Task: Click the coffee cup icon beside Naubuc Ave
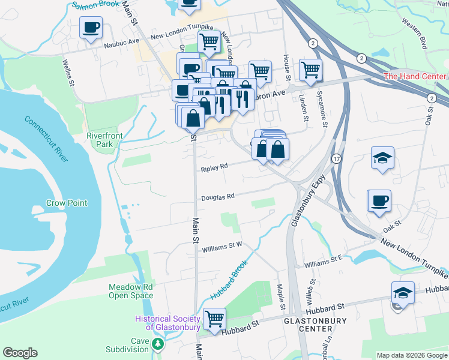click(x=91, y=28)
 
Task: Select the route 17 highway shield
click(x=336, y=157)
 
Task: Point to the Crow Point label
click(x=67, y=203)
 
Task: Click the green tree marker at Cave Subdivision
click(x=157, y=344)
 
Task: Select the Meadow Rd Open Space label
click(x=130, y=291)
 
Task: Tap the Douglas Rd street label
click(x=217, y=196)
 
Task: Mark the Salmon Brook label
click(x=94, y=5)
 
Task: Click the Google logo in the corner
click(x=19, y=353)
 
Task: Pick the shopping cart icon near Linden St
click(x=310, y=70)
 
